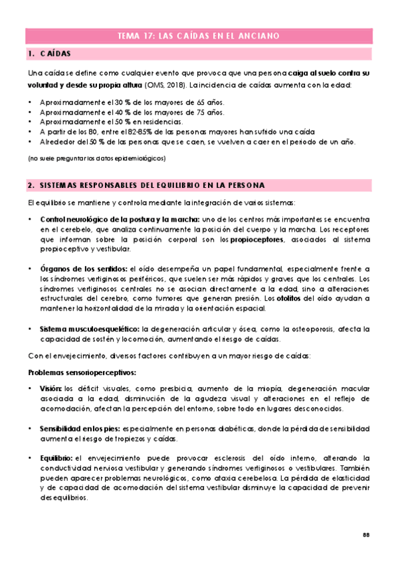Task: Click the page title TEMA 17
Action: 198,35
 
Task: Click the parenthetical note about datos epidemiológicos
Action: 96,159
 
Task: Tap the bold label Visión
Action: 51,388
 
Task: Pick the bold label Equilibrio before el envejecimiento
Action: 56,459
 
